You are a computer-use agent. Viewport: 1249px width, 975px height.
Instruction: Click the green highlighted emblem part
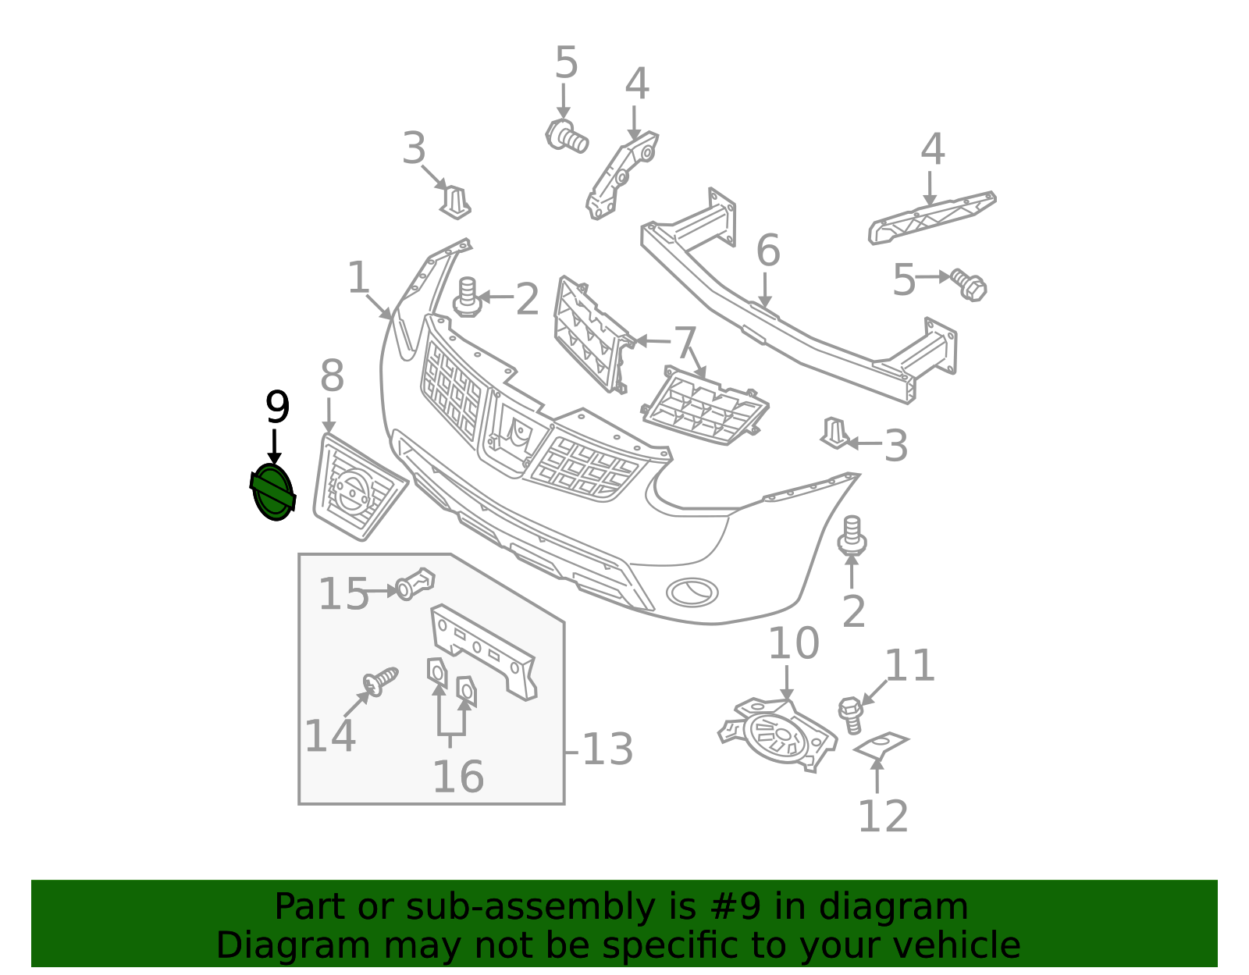pos(273,493)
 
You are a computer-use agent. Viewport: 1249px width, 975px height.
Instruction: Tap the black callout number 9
pos(277,407)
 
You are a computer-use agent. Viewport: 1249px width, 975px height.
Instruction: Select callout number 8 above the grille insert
pos(332,376)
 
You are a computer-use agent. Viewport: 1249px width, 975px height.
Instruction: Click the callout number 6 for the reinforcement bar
pos(768,251)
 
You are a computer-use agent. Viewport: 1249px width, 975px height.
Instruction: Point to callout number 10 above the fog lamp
pos(793,643)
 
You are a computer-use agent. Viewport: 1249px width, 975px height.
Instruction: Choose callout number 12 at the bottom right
pos(883,816)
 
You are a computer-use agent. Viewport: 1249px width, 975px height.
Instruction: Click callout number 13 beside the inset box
pos(607,749)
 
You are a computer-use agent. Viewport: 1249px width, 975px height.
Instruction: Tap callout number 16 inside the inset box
pos(458,777)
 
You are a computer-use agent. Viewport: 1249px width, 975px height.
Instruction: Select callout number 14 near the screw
pos(330,736)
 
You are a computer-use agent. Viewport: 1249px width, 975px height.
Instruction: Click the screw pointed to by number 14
pos(380,681)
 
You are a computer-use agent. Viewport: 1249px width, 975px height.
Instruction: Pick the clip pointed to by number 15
pos(415,584)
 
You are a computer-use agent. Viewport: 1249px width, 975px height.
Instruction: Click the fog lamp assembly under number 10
pos(778,735)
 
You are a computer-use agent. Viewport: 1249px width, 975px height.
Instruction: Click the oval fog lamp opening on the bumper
pos(692,592)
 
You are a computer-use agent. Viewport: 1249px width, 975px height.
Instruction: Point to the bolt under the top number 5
pos(566,137)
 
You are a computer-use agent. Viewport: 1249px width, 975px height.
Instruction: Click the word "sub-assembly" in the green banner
pos(531,907)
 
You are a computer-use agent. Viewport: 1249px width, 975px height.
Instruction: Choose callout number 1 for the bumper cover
pos(358,277)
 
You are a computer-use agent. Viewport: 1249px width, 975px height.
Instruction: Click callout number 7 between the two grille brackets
pos(685,343)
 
